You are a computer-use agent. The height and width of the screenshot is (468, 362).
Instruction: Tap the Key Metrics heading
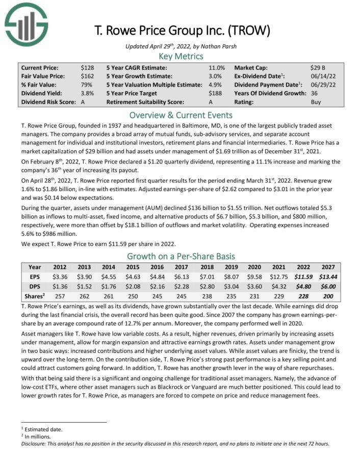click(180, 57)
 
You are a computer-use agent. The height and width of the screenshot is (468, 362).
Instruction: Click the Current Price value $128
click(87, 67)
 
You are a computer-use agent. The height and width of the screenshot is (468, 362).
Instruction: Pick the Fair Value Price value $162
click(87, 76)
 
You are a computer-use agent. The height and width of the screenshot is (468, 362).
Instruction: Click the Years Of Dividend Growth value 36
click(314, 93)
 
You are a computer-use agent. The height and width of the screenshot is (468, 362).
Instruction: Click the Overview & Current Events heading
click(180, 115)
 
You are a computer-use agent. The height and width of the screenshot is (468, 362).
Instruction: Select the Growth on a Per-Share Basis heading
click(180, 256)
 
